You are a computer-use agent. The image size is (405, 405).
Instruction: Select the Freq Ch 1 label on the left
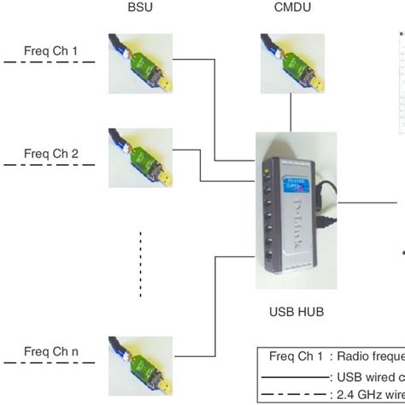[51, 52]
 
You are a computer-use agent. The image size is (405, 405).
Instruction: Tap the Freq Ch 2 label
[51, 154]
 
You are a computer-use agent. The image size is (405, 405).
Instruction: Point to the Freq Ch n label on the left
[51, 349]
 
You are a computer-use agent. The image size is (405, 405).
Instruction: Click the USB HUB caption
[291, 312]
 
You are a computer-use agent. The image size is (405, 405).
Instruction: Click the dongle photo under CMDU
[291, 62]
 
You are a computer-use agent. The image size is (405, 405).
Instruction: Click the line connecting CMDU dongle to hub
[291, 113]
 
